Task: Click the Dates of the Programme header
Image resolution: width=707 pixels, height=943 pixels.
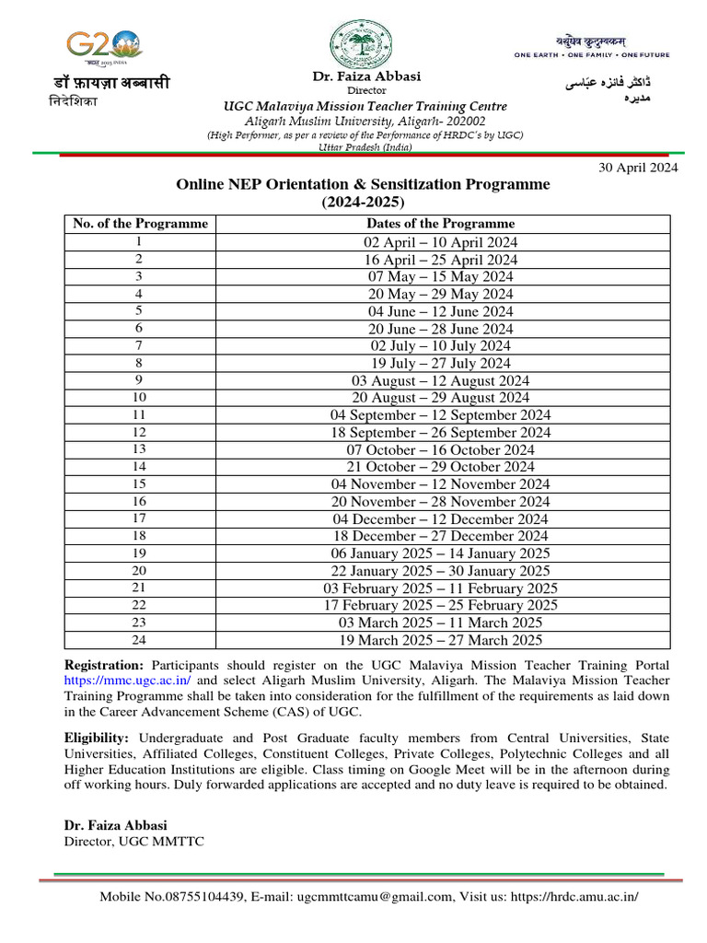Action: click(440, 224)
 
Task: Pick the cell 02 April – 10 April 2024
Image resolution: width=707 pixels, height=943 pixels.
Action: click(440, 242)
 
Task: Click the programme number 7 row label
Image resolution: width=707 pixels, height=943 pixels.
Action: click(139, 345)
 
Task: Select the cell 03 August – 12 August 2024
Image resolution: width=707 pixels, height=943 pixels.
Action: click(440, 380)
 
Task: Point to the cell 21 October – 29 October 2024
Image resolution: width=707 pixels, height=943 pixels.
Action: click(440, 467)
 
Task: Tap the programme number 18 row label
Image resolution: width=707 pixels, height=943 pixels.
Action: click(139, 536)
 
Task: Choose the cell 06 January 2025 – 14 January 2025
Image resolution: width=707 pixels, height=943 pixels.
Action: click(440, 553)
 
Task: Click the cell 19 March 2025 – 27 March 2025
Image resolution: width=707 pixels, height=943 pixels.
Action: click(440, 640)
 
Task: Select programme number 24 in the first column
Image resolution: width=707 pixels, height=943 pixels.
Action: click(139, 640)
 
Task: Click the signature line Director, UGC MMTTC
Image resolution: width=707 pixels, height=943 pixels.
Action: click(133, 841)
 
